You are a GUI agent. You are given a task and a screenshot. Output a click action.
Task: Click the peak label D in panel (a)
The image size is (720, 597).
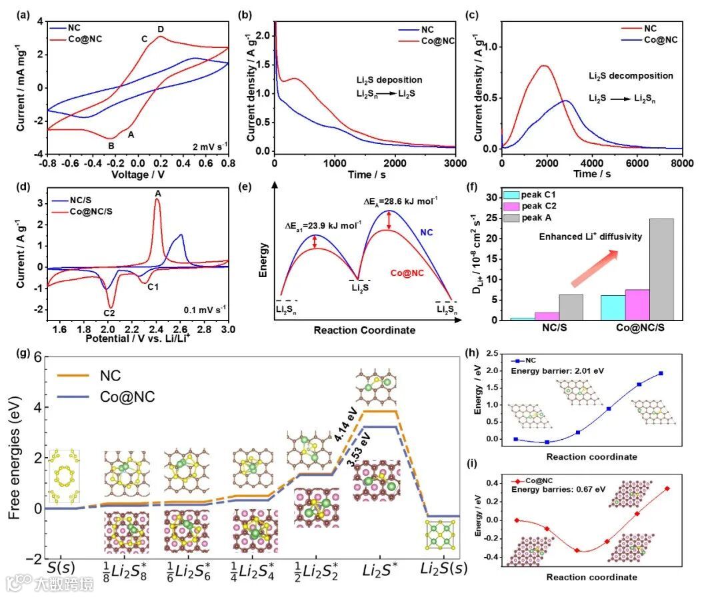click(161, 29)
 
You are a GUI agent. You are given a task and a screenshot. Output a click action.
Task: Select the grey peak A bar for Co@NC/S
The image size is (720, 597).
click(661, 269)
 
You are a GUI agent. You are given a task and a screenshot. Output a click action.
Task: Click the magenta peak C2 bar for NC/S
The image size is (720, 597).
click(547, 316)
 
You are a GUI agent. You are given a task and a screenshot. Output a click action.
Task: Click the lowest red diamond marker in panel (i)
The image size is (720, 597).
click(577, 550)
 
